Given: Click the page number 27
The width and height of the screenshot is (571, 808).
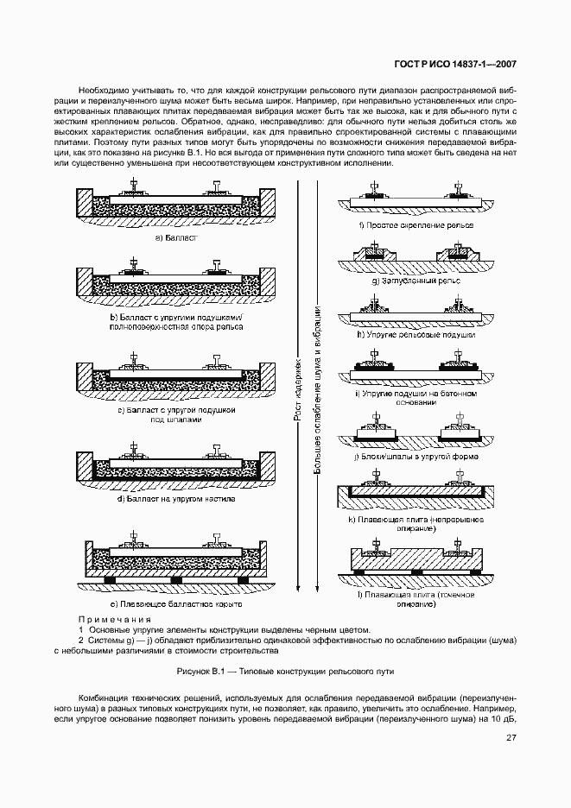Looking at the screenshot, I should coord(511,737).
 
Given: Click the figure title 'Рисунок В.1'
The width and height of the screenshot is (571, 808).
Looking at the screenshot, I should coord(285,671).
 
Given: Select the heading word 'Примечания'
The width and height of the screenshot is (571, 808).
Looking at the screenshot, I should coord(115,619).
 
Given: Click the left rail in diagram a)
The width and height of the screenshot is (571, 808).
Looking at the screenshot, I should coord(134,186).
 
